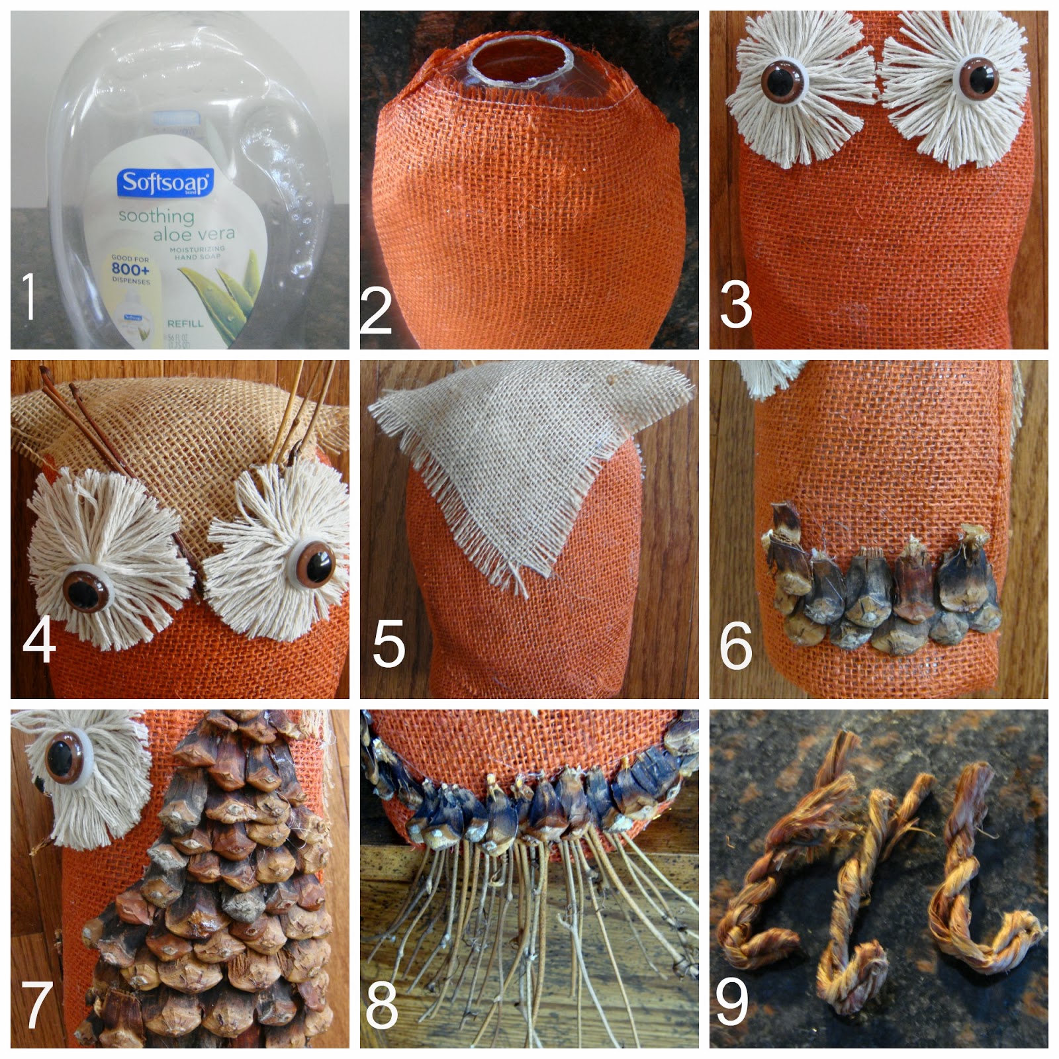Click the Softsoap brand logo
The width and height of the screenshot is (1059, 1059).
point(165,182)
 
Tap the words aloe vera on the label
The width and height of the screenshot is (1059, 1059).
point(194,234)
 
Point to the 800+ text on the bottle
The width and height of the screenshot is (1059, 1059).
point(130,269)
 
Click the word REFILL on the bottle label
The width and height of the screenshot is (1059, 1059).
point(185,324)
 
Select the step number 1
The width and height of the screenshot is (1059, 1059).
point(28,296)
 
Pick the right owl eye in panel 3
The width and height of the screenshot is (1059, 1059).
point(978,77)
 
